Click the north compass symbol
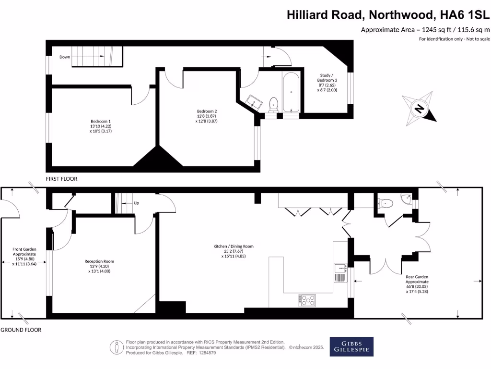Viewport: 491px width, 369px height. click(419, 109)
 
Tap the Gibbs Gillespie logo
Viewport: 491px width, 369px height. click(351, 346)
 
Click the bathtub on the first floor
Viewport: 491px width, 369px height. click(291, 92)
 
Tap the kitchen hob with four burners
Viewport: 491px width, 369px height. click(307, 300)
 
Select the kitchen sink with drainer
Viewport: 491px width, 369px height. click(340, 272)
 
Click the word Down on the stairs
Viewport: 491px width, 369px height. click(65, 57)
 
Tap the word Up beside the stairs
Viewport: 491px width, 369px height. click(136, 203)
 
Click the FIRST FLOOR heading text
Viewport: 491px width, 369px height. click(61, 179)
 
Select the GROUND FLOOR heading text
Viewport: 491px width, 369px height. click(21, 330)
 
